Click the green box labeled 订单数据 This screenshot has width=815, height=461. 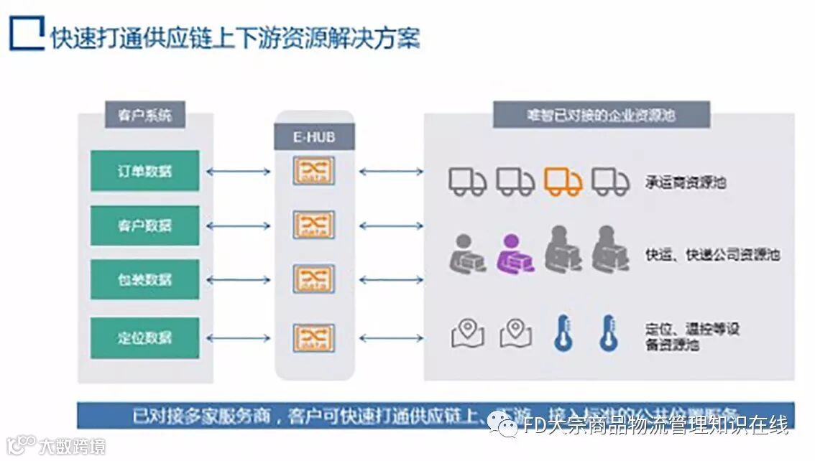pyautogui.click(x=144, y=171)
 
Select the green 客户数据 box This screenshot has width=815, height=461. pyautogui.click(x=144, y=225)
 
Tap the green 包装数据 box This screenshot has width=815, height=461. pyautogui.click(x=144, y=279)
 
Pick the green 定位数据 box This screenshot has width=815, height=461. pyautogui.click(x=144, y=337)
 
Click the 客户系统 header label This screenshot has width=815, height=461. pyautogui.click(x=144, y=115)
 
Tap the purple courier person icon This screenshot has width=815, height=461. pyautogui.click(x=516, y=253)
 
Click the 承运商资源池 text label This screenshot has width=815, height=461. pyautogui.click(x=685, y=182)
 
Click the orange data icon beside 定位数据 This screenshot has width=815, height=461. pyautogui.click(x=314, y=337)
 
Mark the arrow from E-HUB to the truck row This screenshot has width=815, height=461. pyautogui.click(x=391, y=172)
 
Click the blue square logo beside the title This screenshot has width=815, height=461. pyautogui.click(x=27, y=34)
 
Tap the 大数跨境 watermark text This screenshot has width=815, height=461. pyautogui.click(x=71, y=447)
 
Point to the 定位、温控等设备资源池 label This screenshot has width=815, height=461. pyautogui.click(x=691, y=337)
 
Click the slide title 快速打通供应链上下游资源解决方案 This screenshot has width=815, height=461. pyautogui.click(x=235, y=37)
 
